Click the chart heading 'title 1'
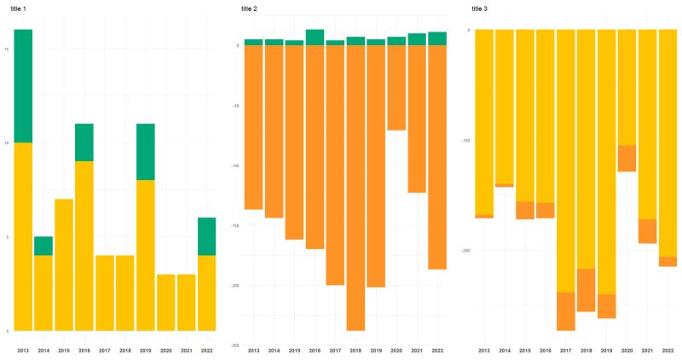(x=20, y=8)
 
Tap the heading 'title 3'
(x=483, y=8)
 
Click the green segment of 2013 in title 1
(x=23, y=85)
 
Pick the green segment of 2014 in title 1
(x=43, y=246)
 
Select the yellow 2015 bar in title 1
(x=64, y=264)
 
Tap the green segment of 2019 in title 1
(x=146, y=152)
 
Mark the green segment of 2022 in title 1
(x=207, y=236)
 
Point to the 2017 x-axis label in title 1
(x=105, y=351)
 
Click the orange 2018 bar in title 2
(x=355, y=188)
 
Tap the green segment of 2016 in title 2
(x=315, y=37)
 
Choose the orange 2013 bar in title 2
(x=253, y=127)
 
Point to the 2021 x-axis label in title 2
(x=417, y=351)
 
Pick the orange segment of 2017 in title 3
(x=566, y=311)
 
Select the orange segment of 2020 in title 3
(x=627, y=159)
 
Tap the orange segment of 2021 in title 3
(x=648, y=231)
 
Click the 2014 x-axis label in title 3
(x=505, y=351)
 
